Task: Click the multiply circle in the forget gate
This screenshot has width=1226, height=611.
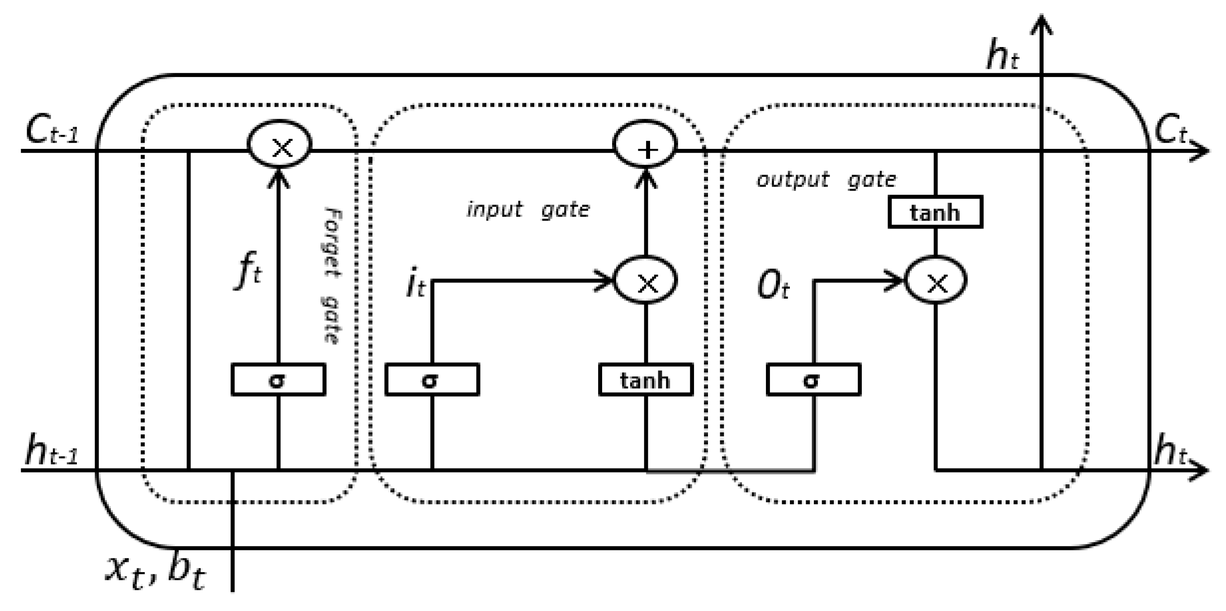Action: (x=280, y=144)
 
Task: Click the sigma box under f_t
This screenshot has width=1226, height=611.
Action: (x=278, y=380)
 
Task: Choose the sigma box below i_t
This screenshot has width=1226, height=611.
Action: (x=432, y=380)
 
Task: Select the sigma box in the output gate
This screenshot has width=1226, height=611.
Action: (x=813, y=380)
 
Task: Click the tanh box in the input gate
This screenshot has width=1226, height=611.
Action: (x=646, y=380)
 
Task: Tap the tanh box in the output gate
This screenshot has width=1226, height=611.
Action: (x=935, y=212)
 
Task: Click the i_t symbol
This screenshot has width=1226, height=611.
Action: (x=415, y=283)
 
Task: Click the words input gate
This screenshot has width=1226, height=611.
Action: (x=528, y=210)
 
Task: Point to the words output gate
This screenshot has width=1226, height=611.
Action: (x=826, y=180)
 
